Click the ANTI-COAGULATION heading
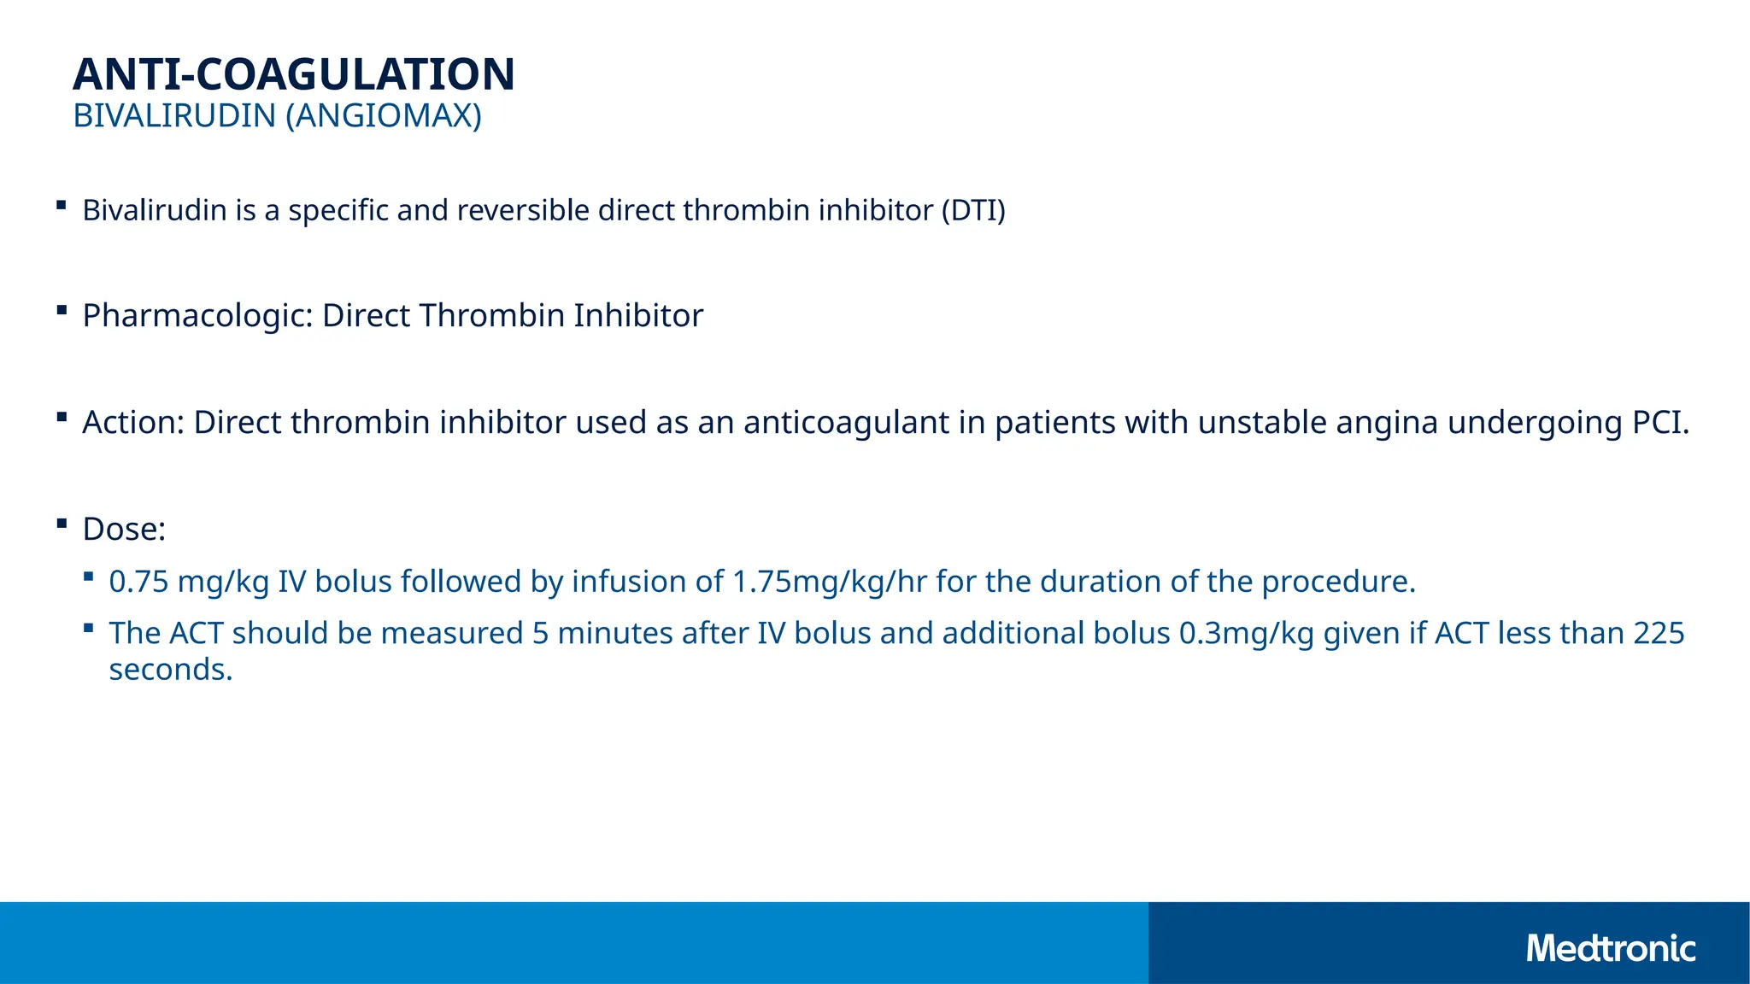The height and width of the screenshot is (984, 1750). pos(294,74)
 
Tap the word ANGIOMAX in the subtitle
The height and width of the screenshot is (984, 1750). pos(383,115)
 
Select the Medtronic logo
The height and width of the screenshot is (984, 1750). pos(1610,948)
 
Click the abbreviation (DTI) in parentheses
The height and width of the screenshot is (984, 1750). pos(973,210)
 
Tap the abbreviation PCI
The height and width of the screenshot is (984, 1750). pos(1659,423)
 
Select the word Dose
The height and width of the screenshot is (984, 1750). pos(122,530)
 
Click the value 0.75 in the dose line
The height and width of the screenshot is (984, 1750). pos(138,582)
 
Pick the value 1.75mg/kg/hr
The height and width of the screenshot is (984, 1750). pos(830,582)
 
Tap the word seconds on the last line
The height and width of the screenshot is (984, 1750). pos(170,670)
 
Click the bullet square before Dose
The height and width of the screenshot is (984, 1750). pos(62,524)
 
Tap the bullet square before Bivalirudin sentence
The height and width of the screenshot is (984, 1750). pos(62,204)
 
